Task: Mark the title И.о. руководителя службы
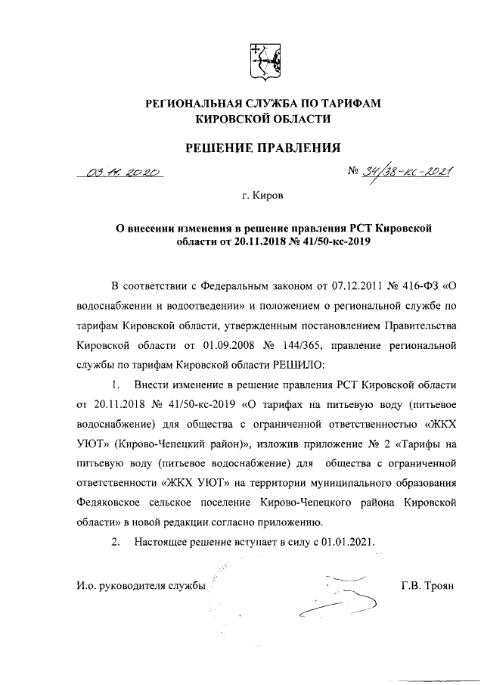point(141,587)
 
